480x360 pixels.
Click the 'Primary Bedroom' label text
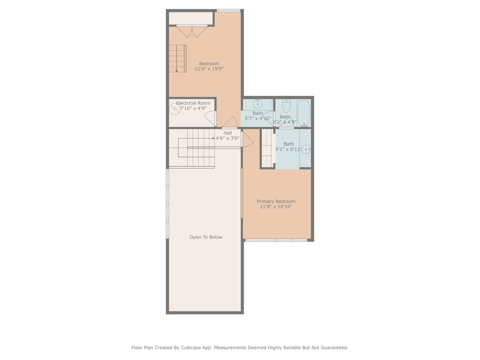coord(276,201)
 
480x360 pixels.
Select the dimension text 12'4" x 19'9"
coord(209,69)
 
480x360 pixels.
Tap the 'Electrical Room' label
coord(193,103)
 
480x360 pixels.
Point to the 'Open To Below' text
coord(205,237)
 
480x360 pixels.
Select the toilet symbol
coord(286,106)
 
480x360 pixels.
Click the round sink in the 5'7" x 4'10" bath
coord(257,104)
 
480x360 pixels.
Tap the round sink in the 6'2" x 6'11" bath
coord(306,149)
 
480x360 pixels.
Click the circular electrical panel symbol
coord(174,107)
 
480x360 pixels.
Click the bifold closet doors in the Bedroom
coord(192,31)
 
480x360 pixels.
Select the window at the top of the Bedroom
coord(228,10)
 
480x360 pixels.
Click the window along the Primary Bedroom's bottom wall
coord(276,240)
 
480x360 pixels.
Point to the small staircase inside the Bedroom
coord(177,58)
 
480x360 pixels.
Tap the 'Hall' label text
coord(228,133)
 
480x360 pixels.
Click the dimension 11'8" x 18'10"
coord(276,206)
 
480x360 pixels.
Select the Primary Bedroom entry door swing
coord(248,141)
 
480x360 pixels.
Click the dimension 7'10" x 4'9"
coord(193,108)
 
